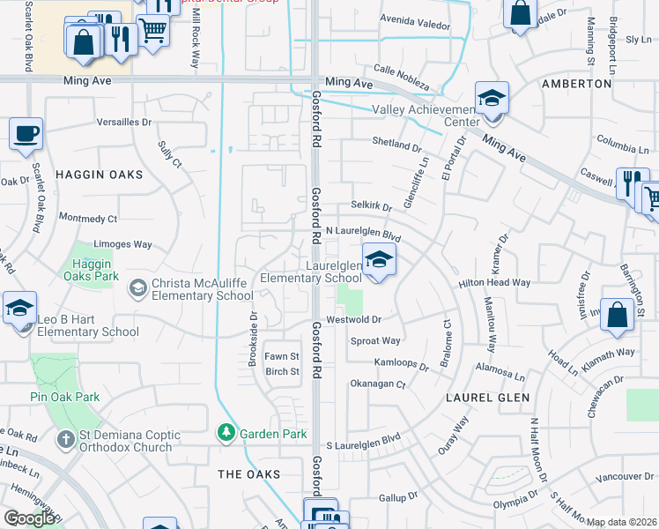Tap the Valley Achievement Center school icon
[x=492, y=97]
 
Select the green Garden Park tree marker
[x=226, y=433]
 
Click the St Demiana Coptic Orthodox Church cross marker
[x=66, y=439]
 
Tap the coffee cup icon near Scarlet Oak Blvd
[x=25, y=133]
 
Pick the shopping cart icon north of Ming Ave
[x=152, y=28]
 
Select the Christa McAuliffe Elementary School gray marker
[x=137, y=287]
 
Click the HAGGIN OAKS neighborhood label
[x=99, y=175]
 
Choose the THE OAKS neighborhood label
[x=249, y=474]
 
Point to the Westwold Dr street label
[x=352, y=319]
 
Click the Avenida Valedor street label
[x=415, y=24]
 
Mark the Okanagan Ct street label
[x=377, y=384]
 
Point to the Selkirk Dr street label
[x=370, y=206]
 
